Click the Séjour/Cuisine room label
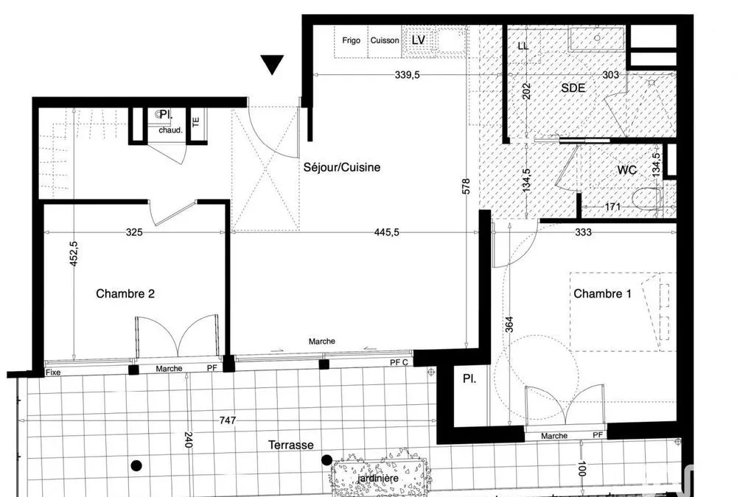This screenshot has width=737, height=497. point(342,168)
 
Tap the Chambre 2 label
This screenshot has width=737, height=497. point(125,294)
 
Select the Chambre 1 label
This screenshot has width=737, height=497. point(602,294)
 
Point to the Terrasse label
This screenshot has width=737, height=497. point(291,445)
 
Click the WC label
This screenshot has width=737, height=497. point(627,170)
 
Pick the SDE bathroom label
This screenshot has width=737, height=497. point(573,88)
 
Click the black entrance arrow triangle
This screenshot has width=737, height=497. point(272,65)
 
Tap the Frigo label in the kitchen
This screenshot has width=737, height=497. point(351,40)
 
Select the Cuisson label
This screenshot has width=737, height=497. point(385,40)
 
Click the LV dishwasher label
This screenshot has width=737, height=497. point(418,40)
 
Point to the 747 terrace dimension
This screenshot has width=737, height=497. point(228,420)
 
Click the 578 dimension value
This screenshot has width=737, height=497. point(466,186)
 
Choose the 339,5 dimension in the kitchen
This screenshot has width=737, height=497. point(407,74)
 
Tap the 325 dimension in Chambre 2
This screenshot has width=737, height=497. point(134,232)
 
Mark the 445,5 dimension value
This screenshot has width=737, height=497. point(387,232)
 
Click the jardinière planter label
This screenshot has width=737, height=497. point(378,479)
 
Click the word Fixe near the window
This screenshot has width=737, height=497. point(53,373)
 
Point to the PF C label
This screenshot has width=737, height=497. point(399,363)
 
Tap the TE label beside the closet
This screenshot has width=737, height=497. point(196,121)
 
